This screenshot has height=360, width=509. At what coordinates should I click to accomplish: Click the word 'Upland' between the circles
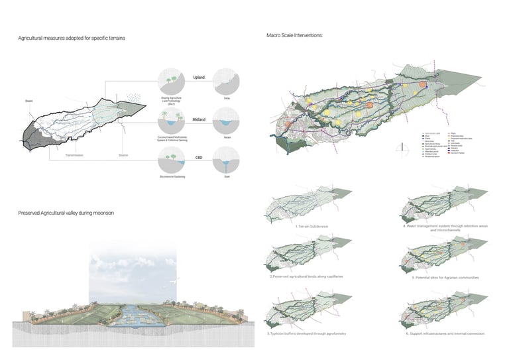(199, 78)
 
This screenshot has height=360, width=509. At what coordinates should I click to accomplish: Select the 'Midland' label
(199, 119)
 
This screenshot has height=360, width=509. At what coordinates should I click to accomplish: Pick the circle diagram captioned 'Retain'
(228, 121)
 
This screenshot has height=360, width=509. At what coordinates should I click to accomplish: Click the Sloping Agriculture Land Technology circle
(172, 82)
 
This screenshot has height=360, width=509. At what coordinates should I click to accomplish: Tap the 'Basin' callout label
(29, 101)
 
